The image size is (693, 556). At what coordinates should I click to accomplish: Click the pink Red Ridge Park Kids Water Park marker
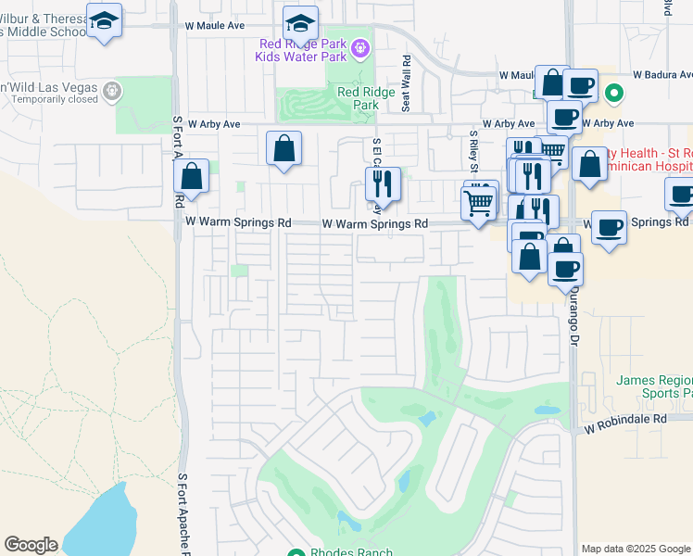point(360,47)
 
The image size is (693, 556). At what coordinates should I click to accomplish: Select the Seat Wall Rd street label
point(406,82)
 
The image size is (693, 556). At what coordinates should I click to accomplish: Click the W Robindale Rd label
point(625,419)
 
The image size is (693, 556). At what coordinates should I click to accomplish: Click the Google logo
point(31,545)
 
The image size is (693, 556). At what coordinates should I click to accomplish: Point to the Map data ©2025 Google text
point(635,549)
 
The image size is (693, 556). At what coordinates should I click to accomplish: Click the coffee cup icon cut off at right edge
point(681,196)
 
